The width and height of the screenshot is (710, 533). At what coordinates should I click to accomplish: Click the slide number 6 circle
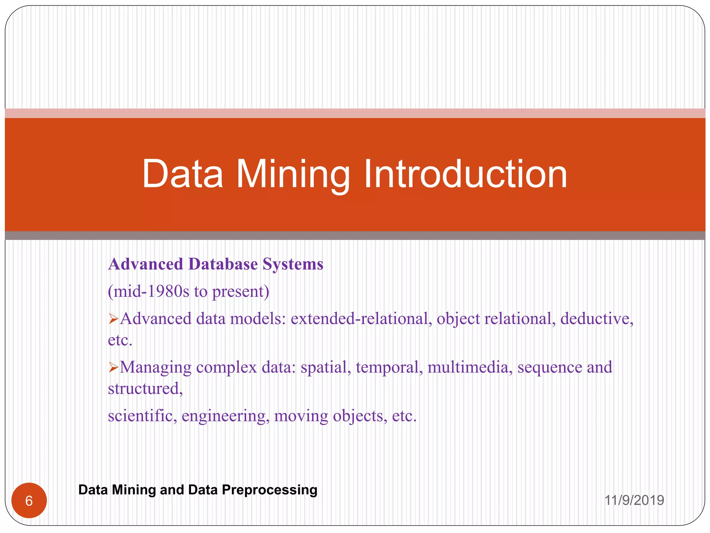[x=29, y=501]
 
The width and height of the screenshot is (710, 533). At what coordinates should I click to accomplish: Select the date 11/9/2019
[x=634, y=500]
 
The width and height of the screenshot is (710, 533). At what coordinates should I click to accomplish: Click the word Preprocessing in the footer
[x=269, y=490]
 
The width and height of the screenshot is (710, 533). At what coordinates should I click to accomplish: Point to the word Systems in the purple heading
[x=293, y=264]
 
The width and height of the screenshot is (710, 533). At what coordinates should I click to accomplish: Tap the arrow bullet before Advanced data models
[x=113, y=319]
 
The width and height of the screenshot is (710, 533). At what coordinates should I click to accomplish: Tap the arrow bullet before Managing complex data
[x=113, y=367]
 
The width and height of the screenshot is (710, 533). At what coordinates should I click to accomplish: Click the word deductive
[x=597, y=319]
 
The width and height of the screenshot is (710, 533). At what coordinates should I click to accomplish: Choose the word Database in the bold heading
[x=223, y=264]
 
